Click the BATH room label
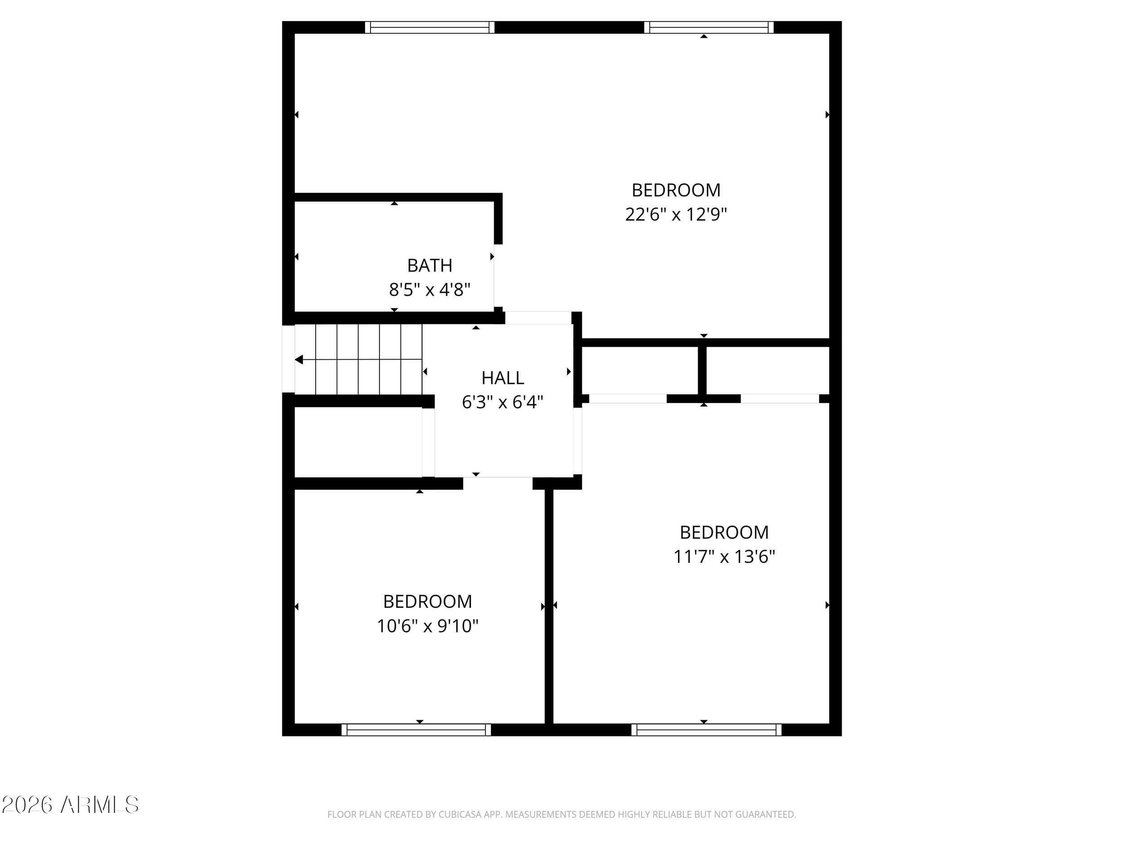(x=429, y=265)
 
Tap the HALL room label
(x=503, y=378)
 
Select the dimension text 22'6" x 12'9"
(x=676, y=214)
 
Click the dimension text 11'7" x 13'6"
(x=724, y=557)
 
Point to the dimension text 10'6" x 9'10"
(x=427, y=625)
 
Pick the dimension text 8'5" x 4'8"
(x=429, y=290)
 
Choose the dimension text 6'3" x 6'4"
(x=503, y=402)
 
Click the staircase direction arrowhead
(x=299, y=360)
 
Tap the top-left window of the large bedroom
(x=430, y=27)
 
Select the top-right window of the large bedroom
(x=709, y=27)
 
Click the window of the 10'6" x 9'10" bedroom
(x=416, y=730)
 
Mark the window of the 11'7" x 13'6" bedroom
(x=707, y=730)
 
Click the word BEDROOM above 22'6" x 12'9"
(x=676, y=190)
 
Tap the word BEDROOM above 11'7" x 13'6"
(x=724, y=532)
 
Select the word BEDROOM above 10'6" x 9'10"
(x=427, y=601)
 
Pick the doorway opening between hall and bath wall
(x=538, y=317)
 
